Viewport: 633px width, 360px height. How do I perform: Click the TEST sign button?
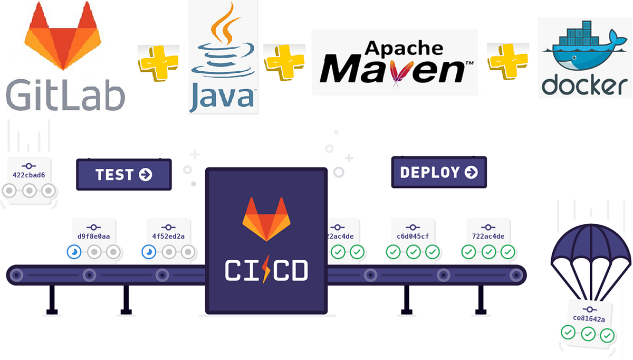point(124,174)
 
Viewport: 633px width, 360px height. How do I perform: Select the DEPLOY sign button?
point(439,172)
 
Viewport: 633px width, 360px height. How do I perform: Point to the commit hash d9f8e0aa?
point(93,236)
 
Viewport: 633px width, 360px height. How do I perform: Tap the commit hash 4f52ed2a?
point(168,236)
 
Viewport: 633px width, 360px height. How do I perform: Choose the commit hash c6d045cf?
point(414,236)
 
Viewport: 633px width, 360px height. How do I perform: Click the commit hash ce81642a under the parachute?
point(589,319)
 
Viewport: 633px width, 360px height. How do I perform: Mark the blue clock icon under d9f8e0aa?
point(74,252)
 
